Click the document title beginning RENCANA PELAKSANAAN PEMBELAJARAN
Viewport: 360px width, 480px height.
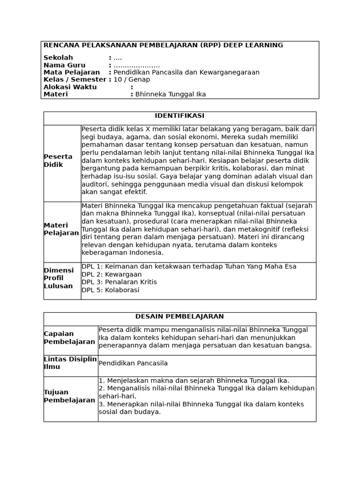(x=163, y=45)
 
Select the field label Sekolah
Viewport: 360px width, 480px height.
(x=58, y=58)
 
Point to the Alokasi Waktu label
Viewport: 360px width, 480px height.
(x=70, y=87)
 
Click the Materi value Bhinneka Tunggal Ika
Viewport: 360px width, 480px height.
(x=171, y=94)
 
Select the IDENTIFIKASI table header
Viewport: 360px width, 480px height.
(x=180, y=116)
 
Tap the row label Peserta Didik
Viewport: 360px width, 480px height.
(x=58, y=160)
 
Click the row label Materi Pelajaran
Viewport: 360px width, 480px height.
(x=61, y=229)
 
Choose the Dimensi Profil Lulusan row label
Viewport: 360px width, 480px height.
(x=59, y=278)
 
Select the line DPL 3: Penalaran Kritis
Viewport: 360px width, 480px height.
(x=119, y=282)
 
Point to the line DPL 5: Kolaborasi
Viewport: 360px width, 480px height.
(x=110, y=290)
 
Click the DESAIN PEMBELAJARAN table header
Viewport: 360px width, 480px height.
(x=180, y=316)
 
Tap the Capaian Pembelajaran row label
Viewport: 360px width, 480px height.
(x=69, y=337)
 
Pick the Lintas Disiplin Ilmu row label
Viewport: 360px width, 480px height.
(x=70, y=363)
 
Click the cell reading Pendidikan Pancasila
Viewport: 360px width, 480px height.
(x=133, y=363)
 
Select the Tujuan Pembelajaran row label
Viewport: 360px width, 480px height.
(x=69, y=396)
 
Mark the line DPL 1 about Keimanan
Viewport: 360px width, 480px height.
(x=189, y=266)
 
